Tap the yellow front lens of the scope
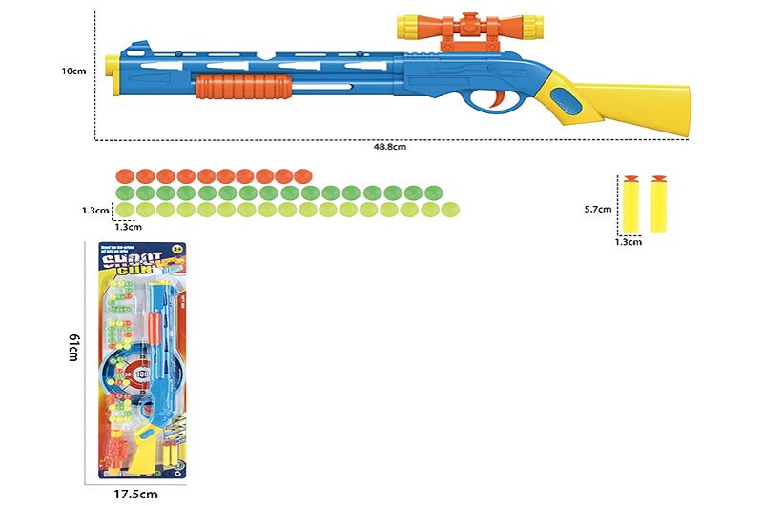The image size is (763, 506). point(406,27)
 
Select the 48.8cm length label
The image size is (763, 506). point(390,147)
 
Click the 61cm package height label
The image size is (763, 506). point(72,350)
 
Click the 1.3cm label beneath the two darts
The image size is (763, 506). point(629,242)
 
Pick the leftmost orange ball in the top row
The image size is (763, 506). point(122,176)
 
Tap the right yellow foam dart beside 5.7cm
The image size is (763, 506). point(658,203)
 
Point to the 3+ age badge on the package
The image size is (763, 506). point(177,250)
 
